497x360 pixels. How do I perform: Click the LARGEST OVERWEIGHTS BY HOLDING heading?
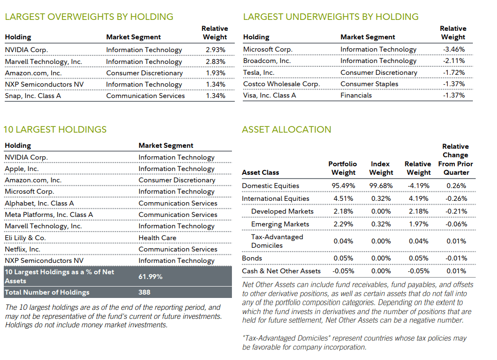coord(89,17)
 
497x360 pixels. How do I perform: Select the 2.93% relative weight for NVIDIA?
coord(215,50)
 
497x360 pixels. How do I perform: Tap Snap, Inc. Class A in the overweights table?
coord(33,96)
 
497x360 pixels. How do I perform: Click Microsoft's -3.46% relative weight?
coord(453,49)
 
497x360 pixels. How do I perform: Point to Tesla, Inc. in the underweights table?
coord(258,72)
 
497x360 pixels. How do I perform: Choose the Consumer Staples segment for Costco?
coord(369,84)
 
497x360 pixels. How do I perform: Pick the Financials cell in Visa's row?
coord(356,95)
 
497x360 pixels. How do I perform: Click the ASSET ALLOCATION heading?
coord(286,129)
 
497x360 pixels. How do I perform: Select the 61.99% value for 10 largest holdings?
coord(150,276)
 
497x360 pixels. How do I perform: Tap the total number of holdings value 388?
coord(144,292)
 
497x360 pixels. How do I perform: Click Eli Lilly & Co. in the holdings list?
coord(25,238)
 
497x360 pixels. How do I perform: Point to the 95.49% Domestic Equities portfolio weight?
coord(343,186)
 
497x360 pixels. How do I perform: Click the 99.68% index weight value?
coord(381,186)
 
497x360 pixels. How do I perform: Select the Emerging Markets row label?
coord(280,224)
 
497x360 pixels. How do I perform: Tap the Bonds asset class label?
coord(252,258)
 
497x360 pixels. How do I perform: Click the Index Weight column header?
coord(381,168)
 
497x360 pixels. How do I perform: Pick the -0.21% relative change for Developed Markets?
coord(456,211)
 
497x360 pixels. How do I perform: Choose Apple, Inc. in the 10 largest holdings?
coord(21,169)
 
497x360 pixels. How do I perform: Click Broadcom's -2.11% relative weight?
coord(453,61)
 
